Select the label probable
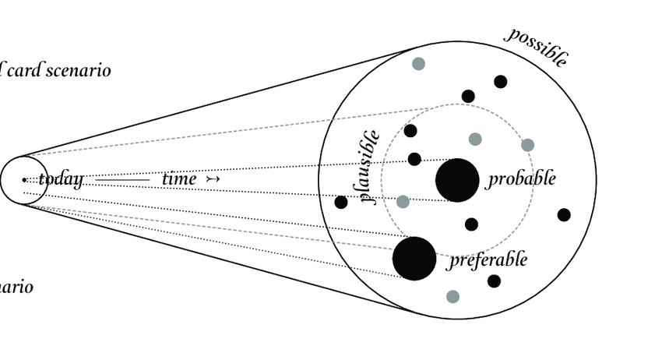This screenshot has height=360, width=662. coord(522,178)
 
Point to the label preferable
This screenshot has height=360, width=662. coord(488,259)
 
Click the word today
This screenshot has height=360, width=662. coord(60,179)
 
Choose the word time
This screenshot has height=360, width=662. coord(179,179)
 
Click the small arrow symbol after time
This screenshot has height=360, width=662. coord(213,179)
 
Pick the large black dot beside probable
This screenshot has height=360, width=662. coord(457,180)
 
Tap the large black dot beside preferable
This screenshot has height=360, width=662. coord(414,259)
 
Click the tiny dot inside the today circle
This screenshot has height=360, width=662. coord(25,180)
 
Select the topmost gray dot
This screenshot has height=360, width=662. coord(418,64)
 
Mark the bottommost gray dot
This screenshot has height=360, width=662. coord(452,296)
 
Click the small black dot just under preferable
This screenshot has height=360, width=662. coord(494,281)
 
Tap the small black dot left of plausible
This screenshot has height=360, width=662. coord(341,203)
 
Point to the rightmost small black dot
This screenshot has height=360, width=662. coord(564,215)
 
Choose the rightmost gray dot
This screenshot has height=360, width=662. coord(527,145)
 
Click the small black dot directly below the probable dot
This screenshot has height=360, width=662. coord(471,224)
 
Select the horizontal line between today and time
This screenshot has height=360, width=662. coord(123,180)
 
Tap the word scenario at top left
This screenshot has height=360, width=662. coord(79,70)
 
